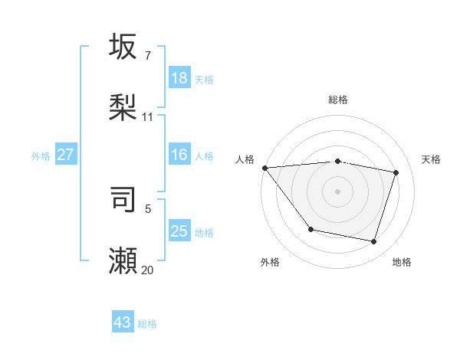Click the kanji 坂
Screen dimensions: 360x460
pyautogui.click(x=123, y=47)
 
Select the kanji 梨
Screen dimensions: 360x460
pyautogui.click(x=123, y=107)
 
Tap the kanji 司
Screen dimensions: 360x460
pyautogui.click(x=123, y=198)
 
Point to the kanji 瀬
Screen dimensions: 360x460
pyautogui.click(x=123, y=260)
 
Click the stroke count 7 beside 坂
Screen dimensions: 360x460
pyautogui.click(x=148, y=56)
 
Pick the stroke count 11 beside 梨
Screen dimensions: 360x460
pyautogui.click(x=148, y=117)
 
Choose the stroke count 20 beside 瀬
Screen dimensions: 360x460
pyautogui.click(x=148, y=270)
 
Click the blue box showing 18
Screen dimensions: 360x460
pyautogui.click(x=179, y=78)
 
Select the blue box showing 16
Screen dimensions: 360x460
pyautogui.click(x=179, y=155)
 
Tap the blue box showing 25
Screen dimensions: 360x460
pyautogui.click(x=179, y=231)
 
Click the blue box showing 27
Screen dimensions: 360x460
pyautogui.click(x=66, y=155)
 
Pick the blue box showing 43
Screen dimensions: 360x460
pyautogui.click(x=123, y=322)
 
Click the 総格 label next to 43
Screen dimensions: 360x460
pyautogui.click(x=147, y=324)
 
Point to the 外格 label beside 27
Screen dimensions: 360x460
pyautogui.click(x=41, y=156)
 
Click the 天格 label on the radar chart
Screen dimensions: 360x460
pyautogui.click(x=431, y=159)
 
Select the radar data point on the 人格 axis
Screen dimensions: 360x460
pyautogui.click(x=264, y=168)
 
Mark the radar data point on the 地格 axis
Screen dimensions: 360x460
pyautogui.click(x=374, y=242)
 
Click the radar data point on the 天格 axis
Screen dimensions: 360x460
pyautogui.click(x=396, y=172)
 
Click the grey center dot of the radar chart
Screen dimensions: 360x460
pyautogui.click(x=337, y=191)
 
